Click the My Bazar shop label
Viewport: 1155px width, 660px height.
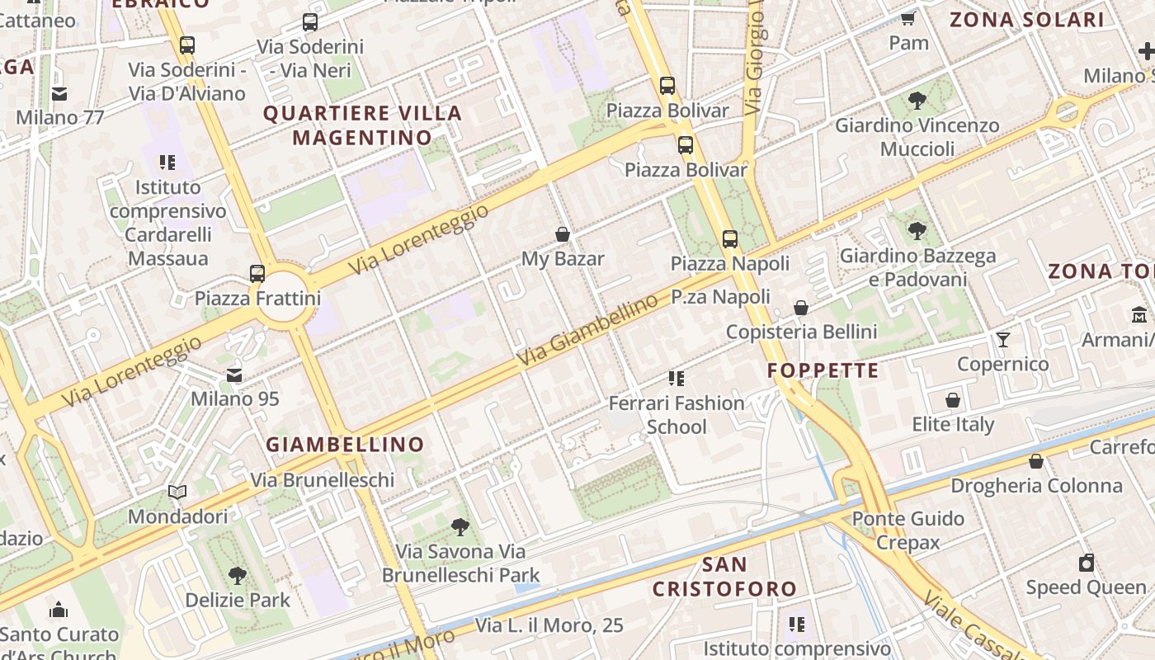(x=563, y=259)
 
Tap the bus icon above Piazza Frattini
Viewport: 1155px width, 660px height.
(x=257, y=273)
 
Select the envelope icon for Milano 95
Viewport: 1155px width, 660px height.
(x=235, y=375)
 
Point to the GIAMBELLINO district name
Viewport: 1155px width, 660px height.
(x=345, y=445)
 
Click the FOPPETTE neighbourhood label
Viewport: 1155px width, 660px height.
(x=823, y=370)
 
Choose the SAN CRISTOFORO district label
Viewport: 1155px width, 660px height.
(x=724, y=577)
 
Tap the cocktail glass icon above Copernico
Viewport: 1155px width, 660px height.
(x=1003, y=339)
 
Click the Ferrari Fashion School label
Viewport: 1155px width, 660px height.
(x=676, y=415)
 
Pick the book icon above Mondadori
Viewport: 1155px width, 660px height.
(x=177, y=493)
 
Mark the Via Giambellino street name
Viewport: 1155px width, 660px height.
(x=587, y=331)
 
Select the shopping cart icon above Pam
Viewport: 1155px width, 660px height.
(x=908, y=18)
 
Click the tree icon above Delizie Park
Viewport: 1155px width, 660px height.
(x=238, y=575)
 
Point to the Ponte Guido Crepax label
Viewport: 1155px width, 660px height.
(x=907, y=530)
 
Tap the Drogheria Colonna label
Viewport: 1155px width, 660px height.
(x=1037, y=486)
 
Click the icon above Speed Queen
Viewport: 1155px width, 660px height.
(x=1087, y=563)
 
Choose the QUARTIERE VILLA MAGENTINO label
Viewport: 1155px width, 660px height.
(x=362, y=125)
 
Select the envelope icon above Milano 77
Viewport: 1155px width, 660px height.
(x=59, y=93)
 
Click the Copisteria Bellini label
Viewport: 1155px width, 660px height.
(x=801, y=332)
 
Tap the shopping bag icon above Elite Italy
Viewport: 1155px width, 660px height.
(x=953, y=400)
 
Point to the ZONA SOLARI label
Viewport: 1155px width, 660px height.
(x=1026, y=20)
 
